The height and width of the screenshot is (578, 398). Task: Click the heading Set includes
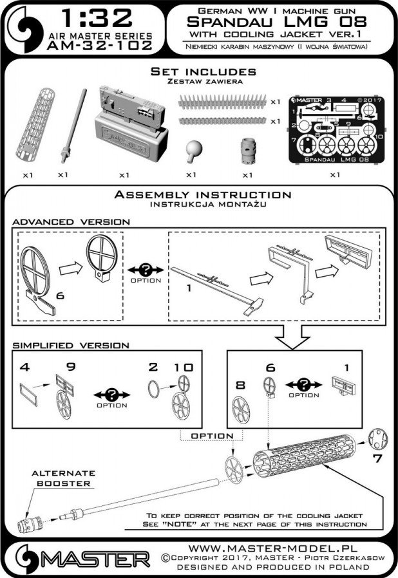[199, 71]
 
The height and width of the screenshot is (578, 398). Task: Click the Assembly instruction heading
[200, 194]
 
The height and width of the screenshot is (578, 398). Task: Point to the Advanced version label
[71, 221]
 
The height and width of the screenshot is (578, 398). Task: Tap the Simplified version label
[71, 346]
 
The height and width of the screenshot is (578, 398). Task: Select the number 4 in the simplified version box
[23, 368]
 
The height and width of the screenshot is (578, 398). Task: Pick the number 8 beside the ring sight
[240, 385]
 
